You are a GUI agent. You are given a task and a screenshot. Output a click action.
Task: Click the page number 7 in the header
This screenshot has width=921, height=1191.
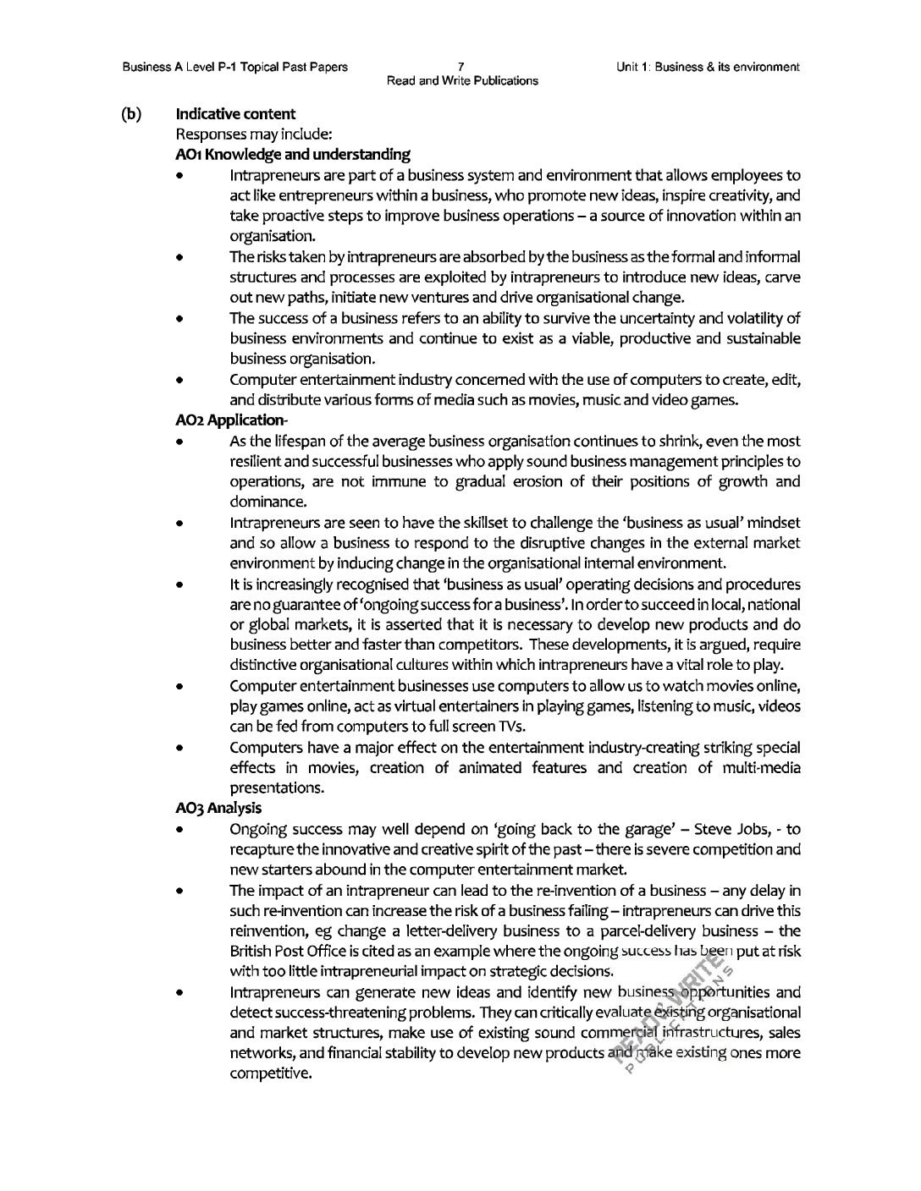(x=460, y=66)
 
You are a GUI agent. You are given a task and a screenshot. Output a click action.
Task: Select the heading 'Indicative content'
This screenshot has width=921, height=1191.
(x=235, y=113)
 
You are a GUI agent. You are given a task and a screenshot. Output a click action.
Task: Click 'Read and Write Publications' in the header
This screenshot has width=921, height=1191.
(x=461, y=81)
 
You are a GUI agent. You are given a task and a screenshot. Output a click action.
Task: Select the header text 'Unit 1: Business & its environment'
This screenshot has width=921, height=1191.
(x=709, y=66)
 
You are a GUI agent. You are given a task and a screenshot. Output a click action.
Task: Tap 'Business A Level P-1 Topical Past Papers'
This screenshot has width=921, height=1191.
(x=234, y=66)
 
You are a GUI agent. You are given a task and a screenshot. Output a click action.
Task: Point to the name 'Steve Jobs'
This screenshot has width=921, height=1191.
(x=726, y=829)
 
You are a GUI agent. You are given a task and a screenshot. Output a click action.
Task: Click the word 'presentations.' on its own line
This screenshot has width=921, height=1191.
(x=276, y=788)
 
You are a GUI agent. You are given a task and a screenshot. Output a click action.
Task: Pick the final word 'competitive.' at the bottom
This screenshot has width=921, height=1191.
(x=270, y=1074)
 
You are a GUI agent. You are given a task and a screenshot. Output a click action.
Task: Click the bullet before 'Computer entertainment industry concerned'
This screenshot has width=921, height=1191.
(x=180, y=381)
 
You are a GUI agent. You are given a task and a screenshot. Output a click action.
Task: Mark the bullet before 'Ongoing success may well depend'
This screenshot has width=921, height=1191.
(x=180, y=830)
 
